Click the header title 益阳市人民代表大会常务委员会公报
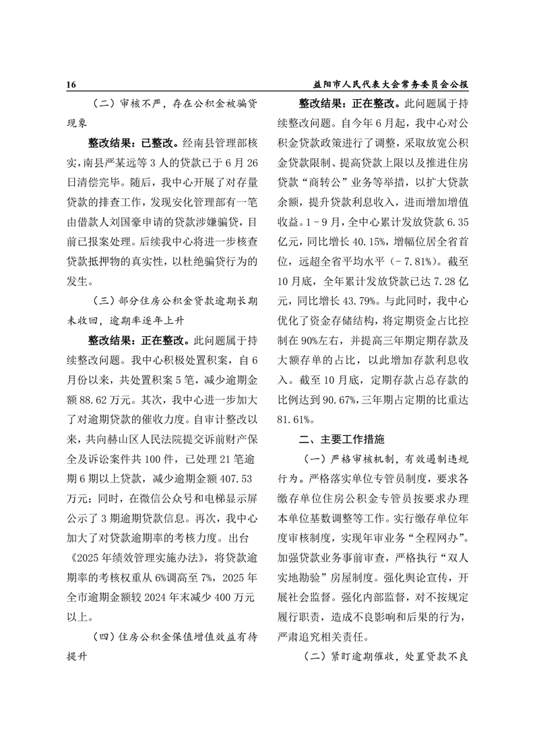(x=391, y=86)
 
